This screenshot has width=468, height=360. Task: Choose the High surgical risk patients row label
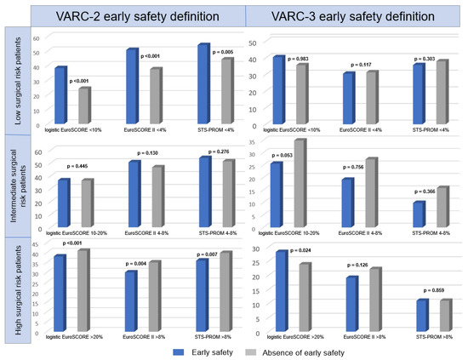coord(14,289)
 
